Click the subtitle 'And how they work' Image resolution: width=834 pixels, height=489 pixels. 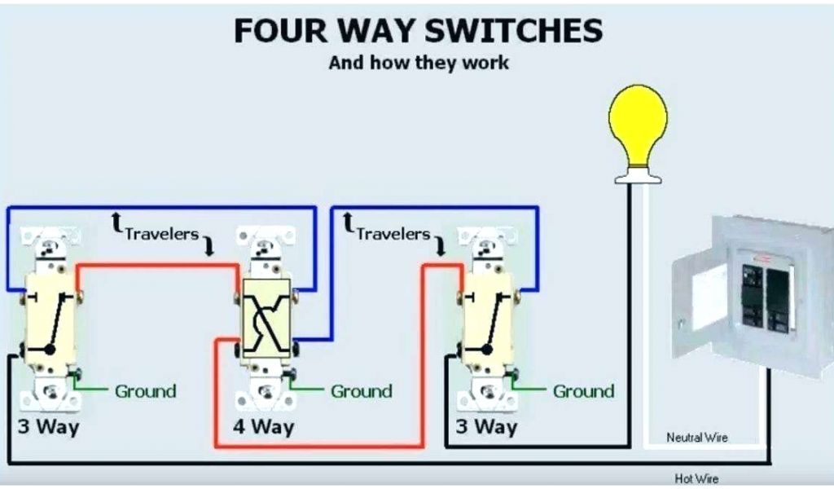point(419,63)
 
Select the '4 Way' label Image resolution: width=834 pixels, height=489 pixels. point(263,426)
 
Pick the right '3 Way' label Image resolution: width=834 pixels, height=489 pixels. point(486,426)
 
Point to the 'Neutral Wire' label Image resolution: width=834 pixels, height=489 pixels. point(697,438)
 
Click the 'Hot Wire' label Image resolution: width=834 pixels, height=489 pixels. point(696,479)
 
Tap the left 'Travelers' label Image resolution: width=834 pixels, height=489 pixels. point(161,234)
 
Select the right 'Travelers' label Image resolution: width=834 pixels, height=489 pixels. point(393,234)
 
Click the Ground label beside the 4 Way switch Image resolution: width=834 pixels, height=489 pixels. point(361,391)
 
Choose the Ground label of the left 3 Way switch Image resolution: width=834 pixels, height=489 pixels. point(145,391)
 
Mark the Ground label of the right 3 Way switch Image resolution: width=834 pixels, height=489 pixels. point(583,391)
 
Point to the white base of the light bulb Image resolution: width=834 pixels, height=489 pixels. point(637,174)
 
